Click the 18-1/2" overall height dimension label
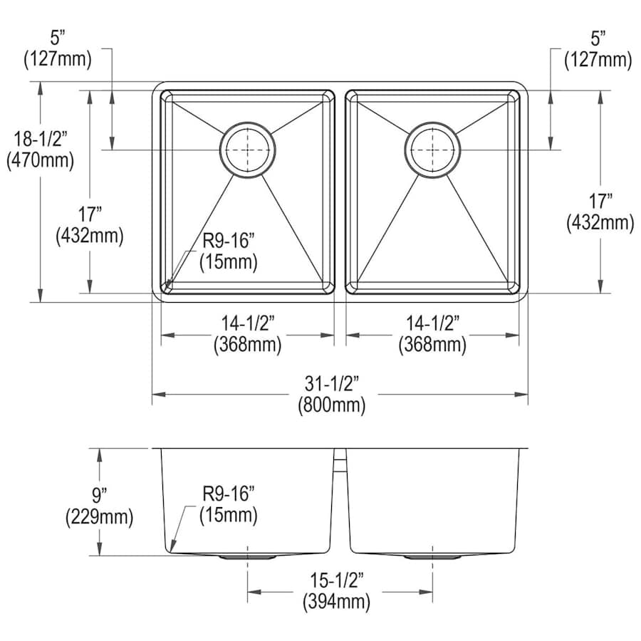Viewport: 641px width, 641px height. (40, 139)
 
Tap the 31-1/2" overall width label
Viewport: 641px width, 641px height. (331, 384)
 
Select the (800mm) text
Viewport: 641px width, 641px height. (331, 405)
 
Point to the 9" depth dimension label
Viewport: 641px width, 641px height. (99, 495)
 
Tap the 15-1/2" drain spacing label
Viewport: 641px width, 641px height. (336, 580)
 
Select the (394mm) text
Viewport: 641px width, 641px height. (336, 602)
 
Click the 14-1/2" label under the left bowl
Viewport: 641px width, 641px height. (247, 324)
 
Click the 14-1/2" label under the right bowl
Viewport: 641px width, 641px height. (432, 324)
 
